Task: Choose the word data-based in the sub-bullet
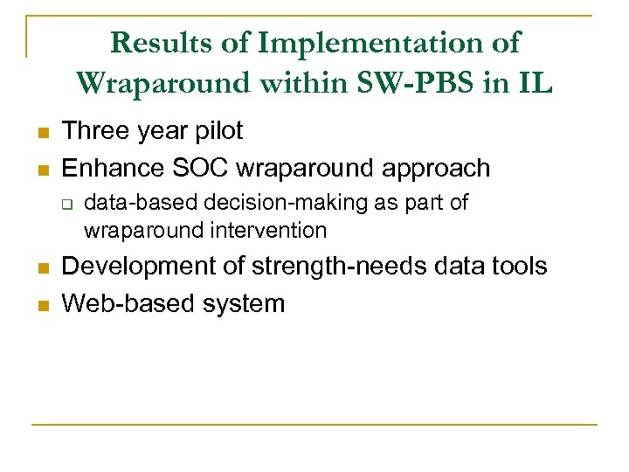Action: coord(129,204)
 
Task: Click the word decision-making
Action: coord(257,204)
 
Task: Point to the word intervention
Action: coord(270,231)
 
